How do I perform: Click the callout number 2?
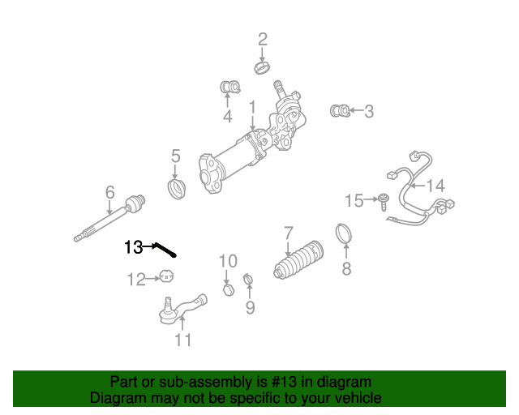(262, 39)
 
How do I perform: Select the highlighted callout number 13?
(133, 247)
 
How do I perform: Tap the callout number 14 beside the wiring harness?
(435, 186)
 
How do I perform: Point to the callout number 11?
(184, 340)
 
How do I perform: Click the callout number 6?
(109, 192)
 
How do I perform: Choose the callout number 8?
(346, 269)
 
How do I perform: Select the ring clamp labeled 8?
(345, 234)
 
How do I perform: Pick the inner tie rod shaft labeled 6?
(109, 217)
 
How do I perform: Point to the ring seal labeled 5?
(176, 190)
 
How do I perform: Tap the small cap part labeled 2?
(262, 66)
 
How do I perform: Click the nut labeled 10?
(228, 289)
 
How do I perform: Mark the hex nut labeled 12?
(165, 278)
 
